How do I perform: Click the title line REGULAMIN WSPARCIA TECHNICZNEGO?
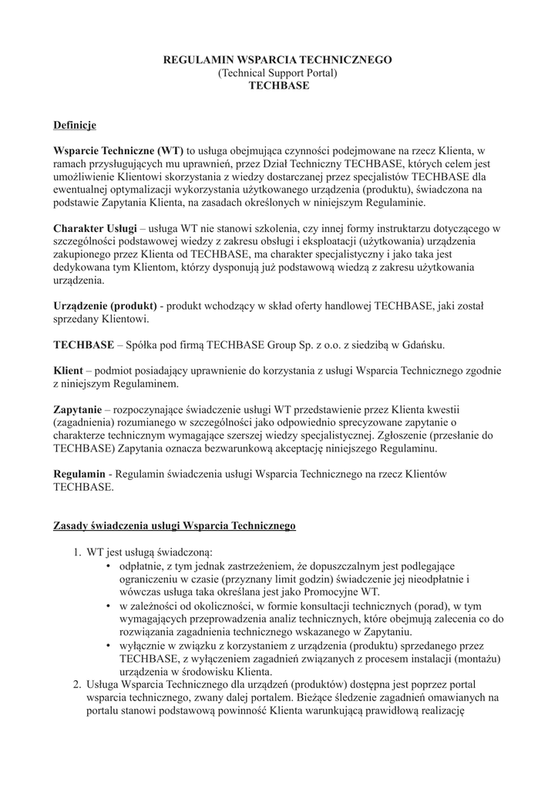click(278, 59)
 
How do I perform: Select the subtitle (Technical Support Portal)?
click(278, 72)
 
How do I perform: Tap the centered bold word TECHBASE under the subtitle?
click(278, 86)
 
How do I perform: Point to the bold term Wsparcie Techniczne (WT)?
click(118, 150)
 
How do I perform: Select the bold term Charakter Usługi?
click(95, 229)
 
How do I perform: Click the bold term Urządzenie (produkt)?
click(105, 307)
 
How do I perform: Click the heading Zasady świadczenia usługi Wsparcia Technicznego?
click(174, 526)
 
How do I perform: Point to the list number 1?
click(77, 552)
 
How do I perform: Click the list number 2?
click(77, 684)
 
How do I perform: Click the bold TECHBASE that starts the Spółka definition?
click(82, 344)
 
